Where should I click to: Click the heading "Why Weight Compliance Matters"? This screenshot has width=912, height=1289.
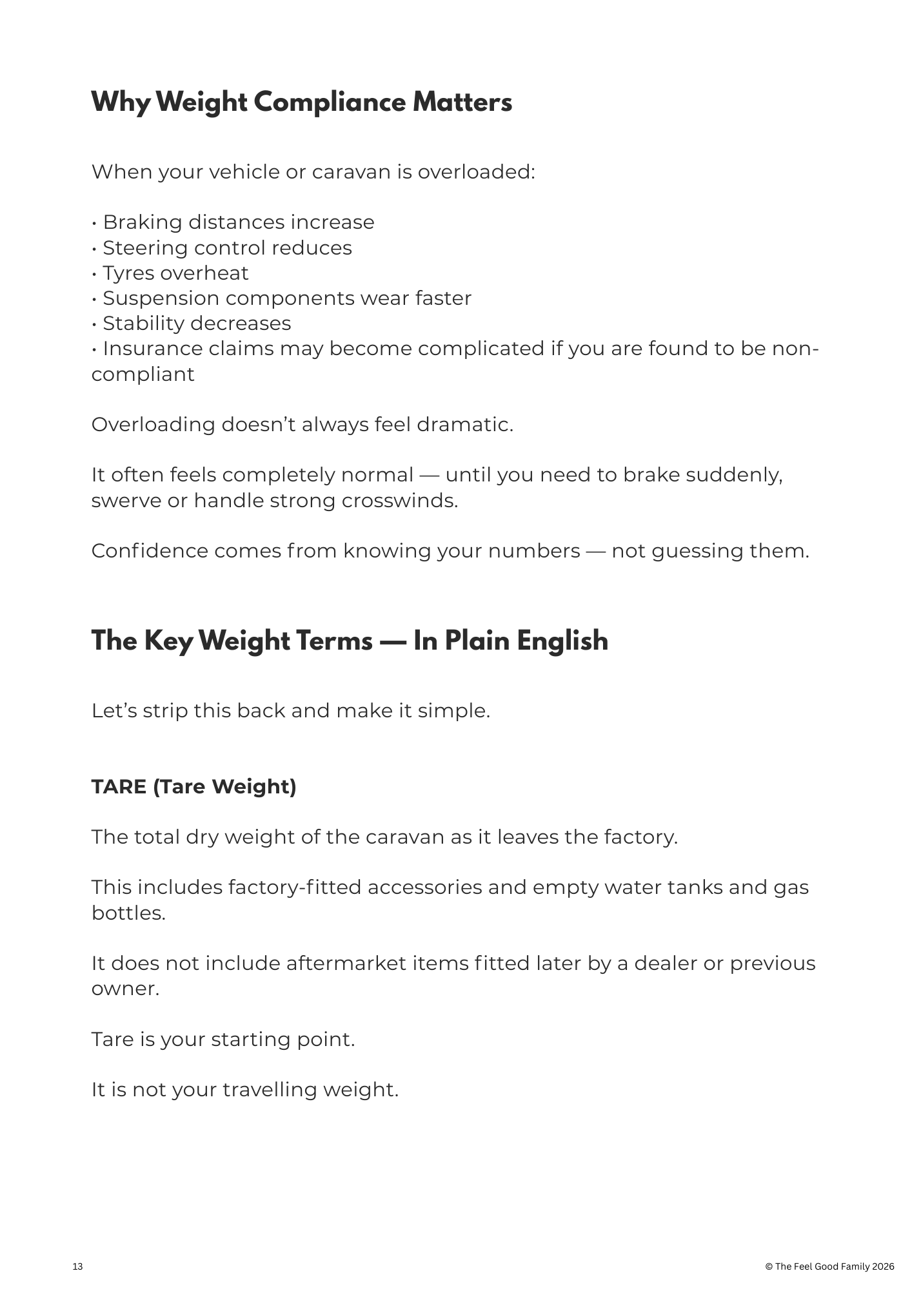pos(301,103)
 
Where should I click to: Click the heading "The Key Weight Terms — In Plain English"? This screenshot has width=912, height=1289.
pos(350,641)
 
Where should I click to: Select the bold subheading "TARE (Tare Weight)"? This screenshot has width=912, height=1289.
pos(193,787)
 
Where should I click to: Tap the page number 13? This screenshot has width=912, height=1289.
pos(77,1266)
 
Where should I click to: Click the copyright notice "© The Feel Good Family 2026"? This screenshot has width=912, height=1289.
pos(829,1266)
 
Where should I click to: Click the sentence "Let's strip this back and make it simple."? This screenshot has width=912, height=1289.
pos(291,711)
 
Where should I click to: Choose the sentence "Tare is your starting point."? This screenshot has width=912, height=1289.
pos(223,1040)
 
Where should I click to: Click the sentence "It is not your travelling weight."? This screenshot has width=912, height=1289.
pos(245,1090)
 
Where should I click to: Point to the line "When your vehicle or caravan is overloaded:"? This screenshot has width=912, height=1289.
pos(313,172)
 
